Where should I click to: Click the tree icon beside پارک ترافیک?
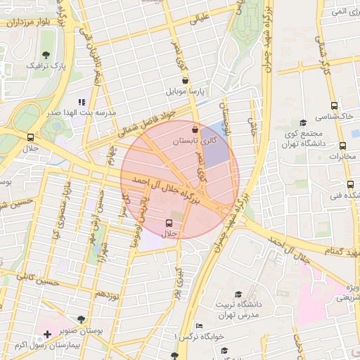pyautogui.click(x=46, y=54)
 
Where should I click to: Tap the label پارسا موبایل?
pyautogui.click(x=185, y=91)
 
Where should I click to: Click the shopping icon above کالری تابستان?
pyautogui.click(x=195, y=129)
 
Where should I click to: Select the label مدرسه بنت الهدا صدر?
pyautogui.click(x=82, y=112)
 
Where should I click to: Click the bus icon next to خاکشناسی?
pyautogui.click(x=355, y=115)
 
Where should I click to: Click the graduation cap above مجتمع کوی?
pyautogui.click(x=303, y=122)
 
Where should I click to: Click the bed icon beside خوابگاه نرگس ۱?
pyautogui.click(x=199, y=326)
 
